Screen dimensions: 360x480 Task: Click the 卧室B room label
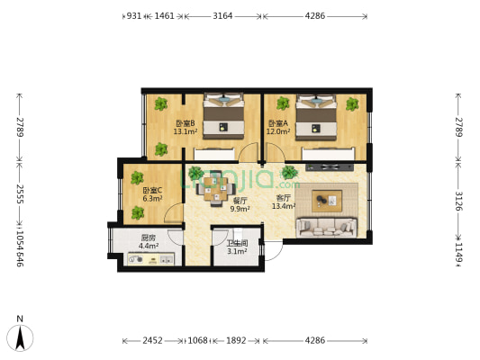pos(185,123)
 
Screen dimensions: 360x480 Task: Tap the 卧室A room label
pos(276,123)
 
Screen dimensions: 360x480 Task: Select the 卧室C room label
pos(152,190)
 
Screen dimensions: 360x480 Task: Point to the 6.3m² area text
pos(152,199)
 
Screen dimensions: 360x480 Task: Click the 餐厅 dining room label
pos(240,201)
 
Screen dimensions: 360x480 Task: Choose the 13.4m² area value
pos(284,206)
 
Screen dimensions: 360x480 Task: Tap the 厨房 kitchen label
pos(149,238)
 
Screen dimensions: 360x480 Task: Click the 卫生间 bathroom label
pos(237,243)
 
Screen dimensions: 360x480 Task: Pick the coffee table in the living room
pos(328,198)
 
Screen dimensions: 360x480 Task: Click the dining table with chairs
pos(212,186)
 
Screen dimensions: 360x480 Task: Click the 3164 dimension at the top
pos(222,15)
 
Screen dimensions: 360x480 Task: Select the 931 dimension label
pos(133,15)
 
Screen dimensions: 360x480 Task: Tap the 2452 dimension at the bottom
pos(152,340)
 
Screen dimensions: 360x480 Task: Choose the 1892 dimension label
pos(236,340)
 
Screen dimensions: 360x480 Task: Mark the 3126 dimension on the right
pos(458,201)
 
